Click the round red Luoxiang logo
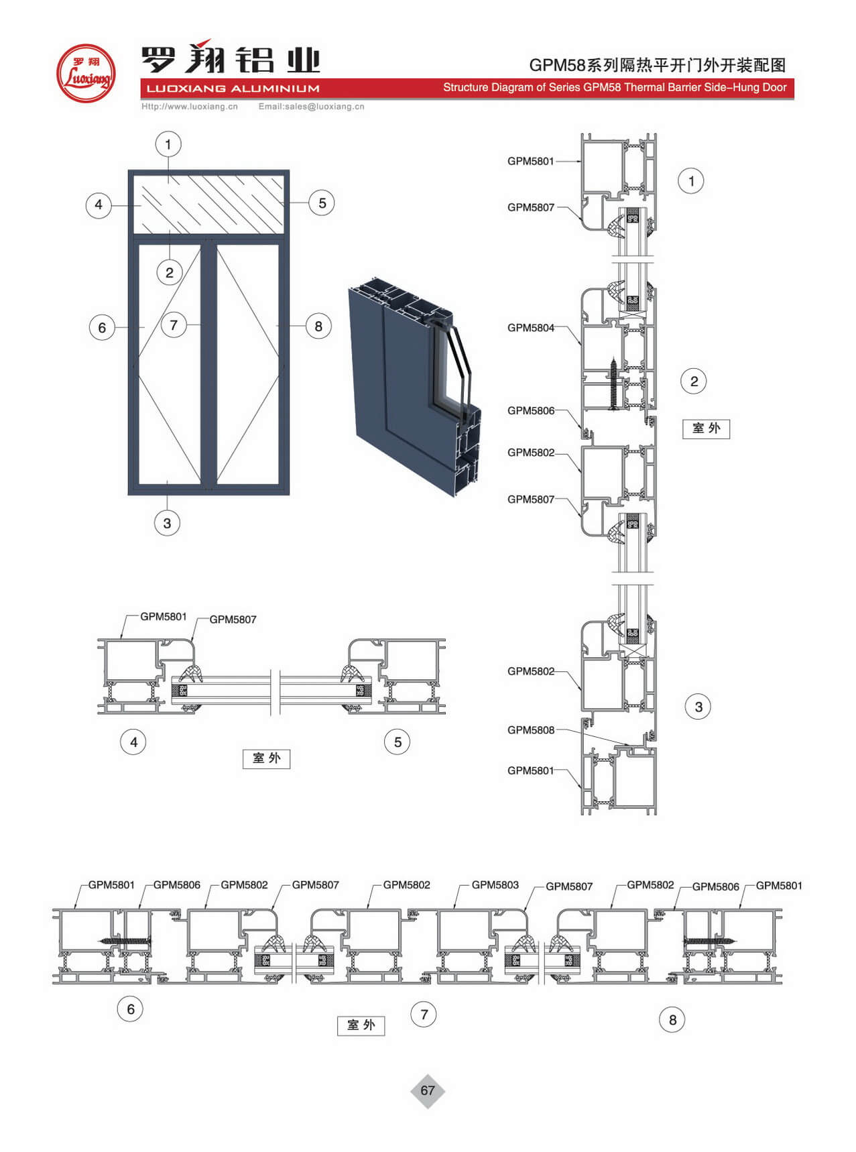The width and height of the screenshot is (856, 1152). [x=85, y=73]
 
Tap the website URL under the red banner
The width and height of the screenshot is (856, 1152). [x=190, y=106]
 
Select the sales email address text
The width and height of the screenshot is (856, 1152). [x=312, y=106]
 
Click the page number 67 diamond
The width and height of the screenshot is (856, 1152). [x=428, y=1090]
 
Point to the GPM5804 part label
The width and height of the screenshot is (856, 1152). [x=531, y=328]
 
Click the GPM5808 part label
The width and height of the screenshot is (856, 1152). [x=531, y=730]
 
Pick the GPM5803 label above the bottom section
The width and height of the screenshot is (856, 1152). [x=495, y=885]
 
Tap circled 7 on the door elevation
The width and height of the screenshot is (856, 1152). [x=174, y=325]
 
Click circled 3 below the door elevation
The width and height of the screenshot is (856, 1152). [x=167, y=523]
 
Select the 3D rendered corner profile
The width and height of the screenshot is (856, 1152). [x=414, y=386]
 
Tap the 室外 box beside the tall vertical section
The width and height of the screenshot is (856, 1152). [x=706, y=428]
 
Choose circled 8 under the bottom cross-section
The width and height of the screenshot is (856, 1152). [x=672, y=1020]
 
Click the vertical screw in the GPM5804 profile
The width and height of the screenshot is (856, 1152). [x=613, y=384]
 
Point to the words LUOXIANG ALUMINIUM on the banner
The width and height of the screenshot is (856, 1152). [x=233, y=89]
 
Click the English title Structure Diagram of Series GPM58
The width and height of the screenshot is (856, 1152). [x=615, y=88]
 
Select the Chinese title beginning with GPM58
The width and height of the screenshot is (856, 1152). [x=658, y=65]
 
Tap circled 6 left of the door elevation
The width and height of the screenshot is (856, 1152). [x=102, y=328]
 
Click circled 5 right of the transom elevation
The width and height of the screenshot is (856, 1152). [x=322, y=203]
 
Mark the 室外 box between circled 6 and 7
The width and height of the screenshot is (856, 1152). [x=361, y=1025]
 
